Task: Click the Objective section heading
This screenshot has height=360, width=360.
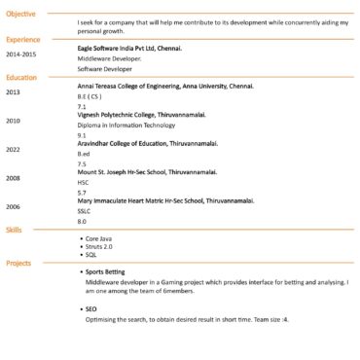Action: [21, 14]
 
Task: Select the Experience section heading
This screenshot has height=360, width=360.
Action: [23, 39]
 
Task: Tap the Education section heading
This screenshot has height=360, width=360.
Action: [21, 77]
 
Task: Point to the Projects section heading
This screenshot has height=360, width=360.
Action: [18, 263]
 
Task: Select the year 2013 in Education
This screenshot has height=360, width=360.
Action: [13, 91]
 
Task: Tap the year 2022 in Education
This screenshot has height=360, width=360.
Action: [13, 149]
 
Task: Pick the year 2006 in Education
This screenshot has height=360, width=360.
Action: [13, 206]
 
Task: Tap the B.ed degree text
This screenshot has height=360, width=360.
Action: [84, 155]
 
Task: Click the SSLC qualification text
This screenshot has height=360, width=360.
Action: [84, 211]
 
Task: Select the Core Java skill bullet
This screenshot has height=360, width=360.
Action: [98, 238]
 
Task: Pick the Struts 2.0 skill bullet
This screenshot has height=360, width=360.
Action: [98, 246]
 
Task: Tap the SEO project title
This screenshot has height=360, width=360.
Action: [90, 308]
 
